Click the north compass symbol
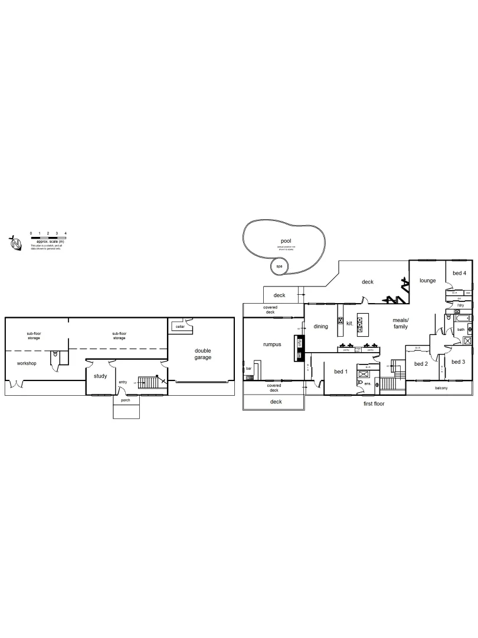[16, 243]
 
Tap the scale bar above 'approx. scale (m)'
[48, 238]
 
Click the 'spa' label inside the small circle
[279, 266]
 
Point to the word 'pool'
[286, 241]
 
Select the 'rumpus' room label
[271, 344]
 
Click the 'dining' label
[320, 326]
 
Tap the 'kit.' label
[349, 324]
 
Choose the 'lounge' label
[427, 281]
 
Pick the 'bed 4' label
[460, 273]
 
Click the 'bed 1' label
[341, 371]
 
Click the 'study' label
[100, 376]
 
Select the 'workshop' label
[27, 363]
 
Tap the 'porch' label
[125, 400]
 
